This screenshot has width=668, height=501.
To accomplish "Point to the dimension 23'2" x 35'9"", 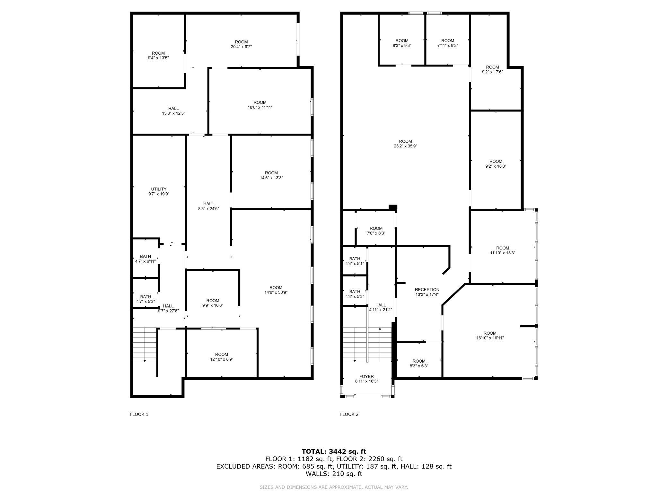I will [x=405, y=146].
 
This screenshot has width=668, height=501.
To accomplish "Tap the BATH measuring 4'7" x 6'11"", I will [x=145, y=259].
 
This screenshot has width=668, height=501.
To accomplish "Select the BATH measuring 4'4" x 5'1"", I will [x=355, y=261].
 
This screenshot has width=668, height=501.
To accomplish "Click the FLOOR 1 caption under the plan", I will [x=139, y=414].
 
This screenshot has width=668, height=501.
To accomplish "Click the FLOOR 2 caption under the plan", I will [x=349, y=414].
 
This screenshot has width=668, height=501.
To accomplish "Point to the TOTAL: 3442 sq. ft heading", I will [x=334, y=452].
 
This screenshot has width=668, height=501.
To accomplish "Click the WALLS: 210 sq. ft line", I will [x=334, y=474].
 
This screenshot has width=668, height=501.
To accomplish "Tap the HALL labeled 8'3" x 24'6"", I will [x=208, y=206].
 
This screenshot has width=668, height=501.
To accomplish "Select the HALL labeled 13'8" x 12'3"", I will [x=173, y=111].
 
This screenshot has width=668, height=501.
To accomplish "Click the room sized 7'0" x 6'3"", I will [x=376, y=231].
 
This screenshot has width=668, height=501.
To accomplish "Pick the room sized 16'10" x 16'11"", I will [x=490, y=336].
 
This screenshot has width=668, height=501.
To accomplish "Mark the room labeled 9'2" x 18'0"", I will [x=496, y=164].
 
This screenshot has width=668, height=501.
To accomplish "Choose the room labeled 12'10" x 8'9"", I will [x=222, y=357].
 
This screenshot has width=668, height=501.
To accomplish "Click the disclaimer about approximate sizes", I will [x=334, y=487].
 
